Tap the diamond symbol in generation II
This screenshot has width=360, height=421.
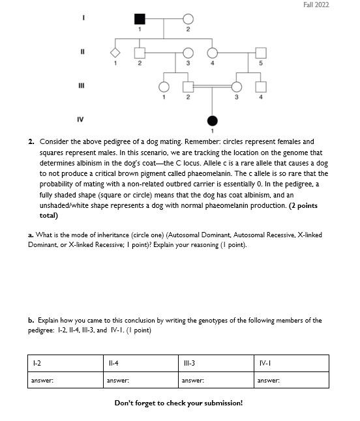click(x=115, y=52)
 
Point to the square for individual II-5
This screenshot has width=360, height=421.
click(x=260, y=52)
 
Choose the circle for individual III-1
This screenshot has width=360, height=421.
click(x=163, y=87)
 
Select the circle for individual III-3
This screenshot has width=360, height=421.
click(x=237, y=87)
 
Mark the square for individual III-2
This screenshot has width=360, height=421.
click(x=188, y=87)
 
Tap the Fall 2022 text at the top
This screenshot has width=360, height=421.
click(x=316, y=5)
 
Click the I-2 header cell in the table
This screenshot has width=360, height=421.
click(x=65, y=362)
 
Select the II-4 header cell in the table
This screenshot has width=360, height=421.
click(x=140, y=362)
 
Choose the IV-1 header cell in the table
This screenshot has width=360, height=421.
click(x=291, y=362)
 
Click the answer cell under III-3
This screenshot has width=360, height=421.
click(x=216, y=380)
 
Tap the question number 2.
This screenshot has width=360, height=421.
click(x=31, y=141)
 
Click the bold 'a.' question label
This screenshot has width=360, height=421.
click(x=31, y=235)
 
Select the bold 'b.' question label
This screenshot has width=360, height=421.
click(x=31, y=321)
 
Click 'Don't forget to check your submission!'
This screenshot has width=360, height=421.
click(x=179, y=403)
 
